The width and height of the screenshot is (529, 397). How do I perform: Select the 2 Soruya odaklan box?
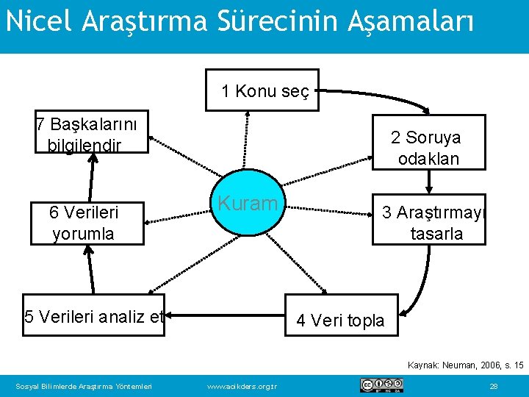(x=429, y=148)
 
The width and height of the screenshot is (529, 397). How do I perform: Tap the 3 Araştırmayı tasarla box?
(x=429, y=223)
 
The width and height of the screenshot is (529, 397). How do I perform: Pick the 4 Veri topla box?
(x=340, y=320)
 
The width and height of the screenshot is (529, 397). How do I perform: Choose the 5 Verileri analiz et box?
(x=94, y=317)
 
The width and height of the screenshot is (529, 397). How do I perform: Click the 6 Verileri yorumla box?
(x=83, y=223)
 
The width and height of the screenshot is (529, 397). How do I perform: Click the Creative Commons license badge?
(x=381, y=385)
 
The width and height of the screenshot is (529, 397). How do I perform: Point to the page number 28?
(x=494, y=386)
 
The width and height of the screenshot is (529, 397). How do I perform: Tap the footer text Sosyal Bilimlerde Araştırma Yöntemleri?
(x=84, y=386)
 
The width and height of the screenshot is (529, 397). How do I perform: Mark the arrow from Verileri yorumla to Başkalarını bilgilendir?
(x=92, y=178)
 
